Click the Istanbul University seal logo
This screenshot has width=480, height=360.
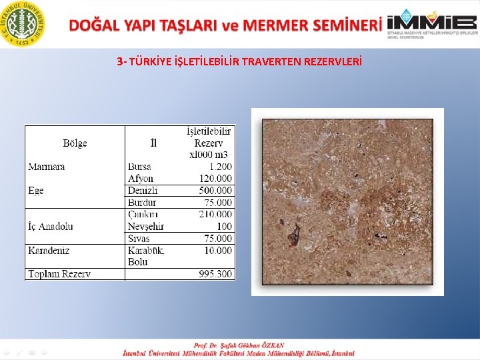tap(24, 24)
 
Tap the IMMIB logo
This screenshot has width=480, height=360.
tap(432, 23)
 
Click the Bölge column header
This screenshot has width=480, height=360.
tap(75, 143)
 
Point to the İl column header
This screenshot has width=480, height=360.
tap(154, 143)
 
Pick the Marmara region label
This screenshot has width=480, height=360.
tap(47, 167)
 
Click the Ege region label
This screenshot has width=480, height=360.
tap(36, 191)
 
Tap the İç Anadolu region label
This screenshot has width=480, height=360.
tap(51, 227)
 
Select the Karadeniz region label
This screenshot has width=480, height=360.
tap(49, 251)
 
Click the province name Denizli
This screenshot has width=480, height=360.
tap(143, 191)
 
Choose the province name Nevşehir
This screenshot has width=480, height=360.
tap(145, 227)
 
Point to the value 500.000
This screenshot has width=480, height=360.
tap(215, 191)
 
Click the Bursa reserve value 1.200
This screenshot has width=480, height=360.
tap(220, 167)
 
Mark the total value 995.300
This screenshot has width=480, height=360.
tap(215, 274)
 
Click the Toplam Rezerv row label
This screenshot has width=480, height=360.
tap(59, 274)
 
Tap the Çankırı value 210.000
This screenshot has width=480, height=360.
tap(215, 215)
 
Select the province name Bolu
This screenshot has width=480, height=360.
tap(138, 262)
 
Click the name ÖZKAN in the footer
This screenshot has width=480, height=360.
tap(270, 345)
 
